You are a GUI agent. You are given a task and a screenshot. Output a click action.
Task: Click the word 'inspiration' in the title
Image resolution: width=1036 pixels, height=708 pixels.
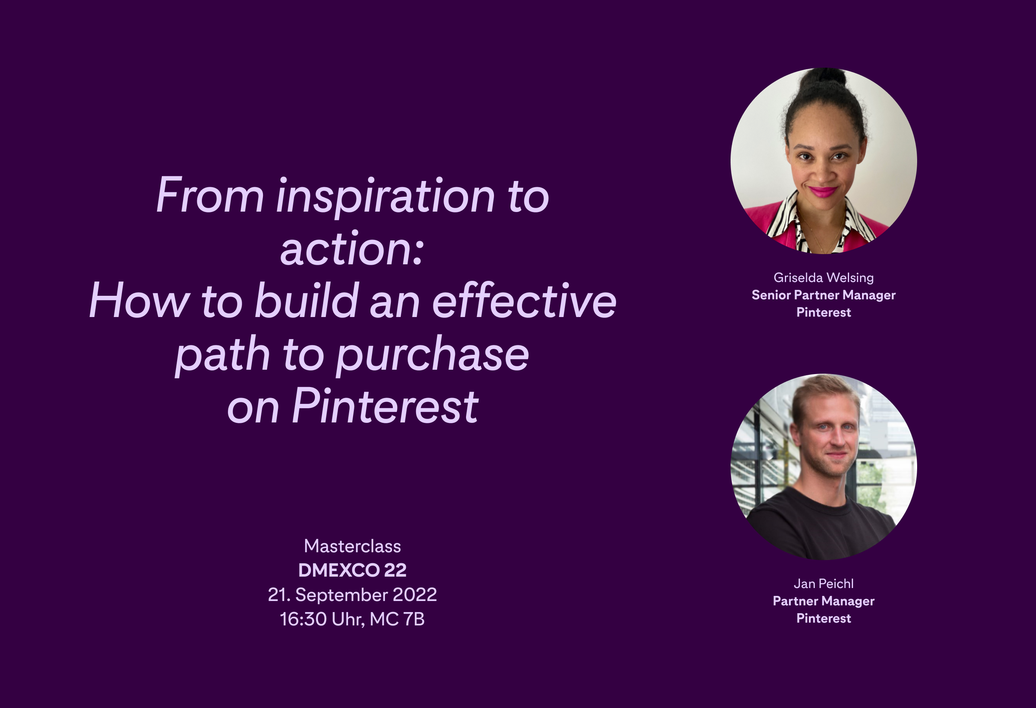(385, 197)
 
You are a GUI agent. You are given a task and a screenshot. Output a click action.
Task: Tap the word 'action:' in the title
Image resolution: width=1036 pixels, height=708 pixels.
(352, 249)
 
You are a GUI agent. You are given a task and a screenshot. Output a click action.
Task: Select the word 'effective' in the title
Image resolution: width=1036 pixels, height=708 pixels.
(524, 302)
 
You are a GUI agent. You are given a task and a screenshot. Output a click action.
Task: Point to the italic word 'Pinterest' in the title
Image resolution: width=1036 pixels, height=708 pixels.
(385, 407)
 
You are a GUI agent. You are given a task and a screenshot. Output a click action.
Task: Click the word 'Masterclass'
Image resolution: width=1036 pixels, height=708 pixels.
(352, 546)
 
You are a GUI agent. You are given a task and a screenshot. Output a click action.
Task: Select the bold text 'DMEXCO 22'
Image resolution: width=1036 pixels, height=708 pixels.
(352, 570)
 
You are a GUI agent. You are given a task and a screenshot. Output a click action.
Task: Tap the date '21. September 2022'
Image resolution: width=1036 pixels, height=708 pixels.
(352, 595)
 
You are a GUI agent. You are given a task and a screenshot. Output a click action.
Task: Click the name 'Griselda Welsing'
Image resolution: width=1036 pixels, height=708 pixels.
(823, 278)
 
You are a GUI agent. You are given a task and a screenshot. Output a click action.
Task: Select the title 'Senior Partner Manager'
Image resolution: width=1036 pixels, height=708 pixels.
(823, 295)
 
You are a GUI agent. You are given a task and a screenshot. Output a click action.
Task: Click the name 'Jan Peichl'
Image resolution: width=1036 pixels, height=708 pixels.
(823, 584)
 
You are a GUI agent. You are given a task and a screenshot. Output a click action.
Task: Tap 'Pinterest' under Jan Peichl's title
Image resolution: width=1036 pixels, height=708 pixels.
(823, 618)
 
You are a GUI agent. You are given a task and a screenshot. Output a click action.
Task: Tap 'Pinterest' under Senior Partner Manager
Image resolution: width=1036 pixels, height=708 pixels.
(823, 312)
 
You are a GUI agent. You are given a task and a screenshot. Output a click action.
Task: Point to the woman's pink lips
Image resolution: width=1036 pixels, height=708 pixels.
(823, 192)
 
